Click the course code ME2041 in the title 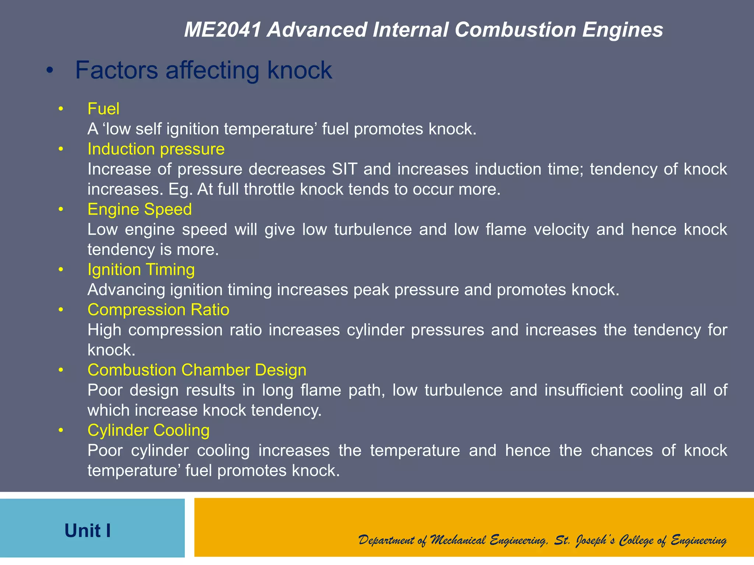tap(222, 30)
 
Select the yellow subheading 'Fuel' tap(103, 109)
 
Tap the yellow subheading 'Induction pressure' tap(156, 149)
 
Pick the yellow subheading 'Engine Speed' tap(140, 209)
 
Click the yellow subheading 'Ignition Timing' tap(141, 270)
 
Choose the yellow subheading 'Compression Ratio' tap(158, 310)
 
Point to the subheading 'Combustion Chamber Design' tap(197, 370)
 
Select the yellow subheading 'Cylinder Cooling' tap(148, 430)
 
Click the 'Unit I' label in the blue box tap(88, 530)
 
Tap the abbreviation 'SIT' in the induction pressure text tap(345, 169)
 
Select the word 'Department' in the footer tap(386, 540)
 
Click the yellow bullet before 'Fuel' tap(61, 109)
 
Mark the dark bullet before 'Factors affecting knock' tap(50, 70)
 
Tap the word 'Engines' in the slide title tap(623, 30)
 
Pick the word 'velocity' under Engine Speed tap(561, 230)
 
